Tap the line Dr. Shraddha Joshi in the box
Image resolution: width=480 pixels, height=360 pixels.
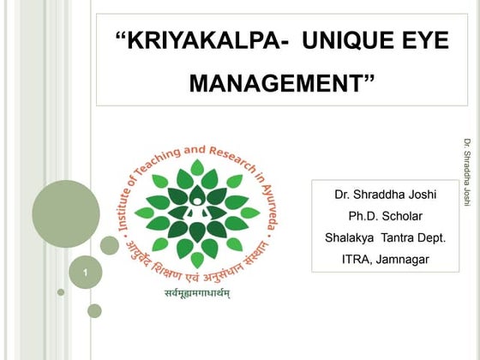point(385,194)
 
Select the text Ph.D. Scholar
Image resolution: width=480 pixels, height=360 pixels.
point(385,215)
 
